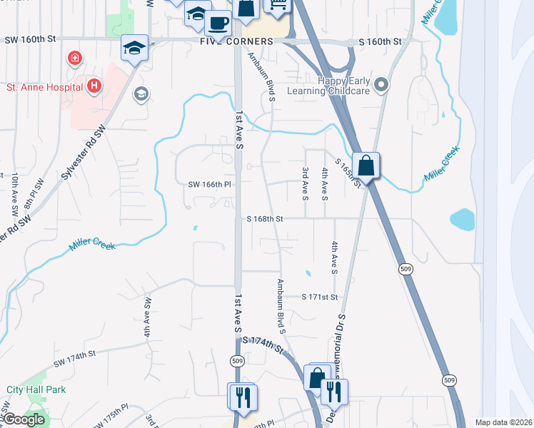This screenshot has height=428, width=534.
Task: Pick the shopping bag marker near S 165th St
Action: pyautogui.click(x=366, y=167)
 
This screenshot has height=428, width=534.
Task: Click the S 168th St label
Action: pyautogui.click(x=265, y=219)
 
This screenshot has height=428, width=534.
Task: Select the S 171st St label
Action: pyautogui.click(x=318, y=296)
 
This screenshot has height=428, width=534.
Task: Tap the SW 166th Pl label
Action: pyautogui.click(x=210, y=184)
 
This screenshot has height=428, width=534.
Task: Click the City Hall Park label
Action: pyautogui.click(x=36, y=389)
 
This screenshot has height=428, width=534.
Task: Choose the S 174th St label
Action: pyautogui.click(x=268, y=343)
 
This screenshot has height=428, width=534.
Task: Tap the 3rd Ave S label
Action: pyautogui.click(x=305, y=183)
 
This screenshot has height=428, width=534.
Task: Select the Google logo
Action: pyautogui.click(x=23, y=419)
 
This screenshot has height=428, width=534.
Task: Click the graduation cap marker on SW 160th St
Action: pyautogui.click(x=134, y=48)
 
